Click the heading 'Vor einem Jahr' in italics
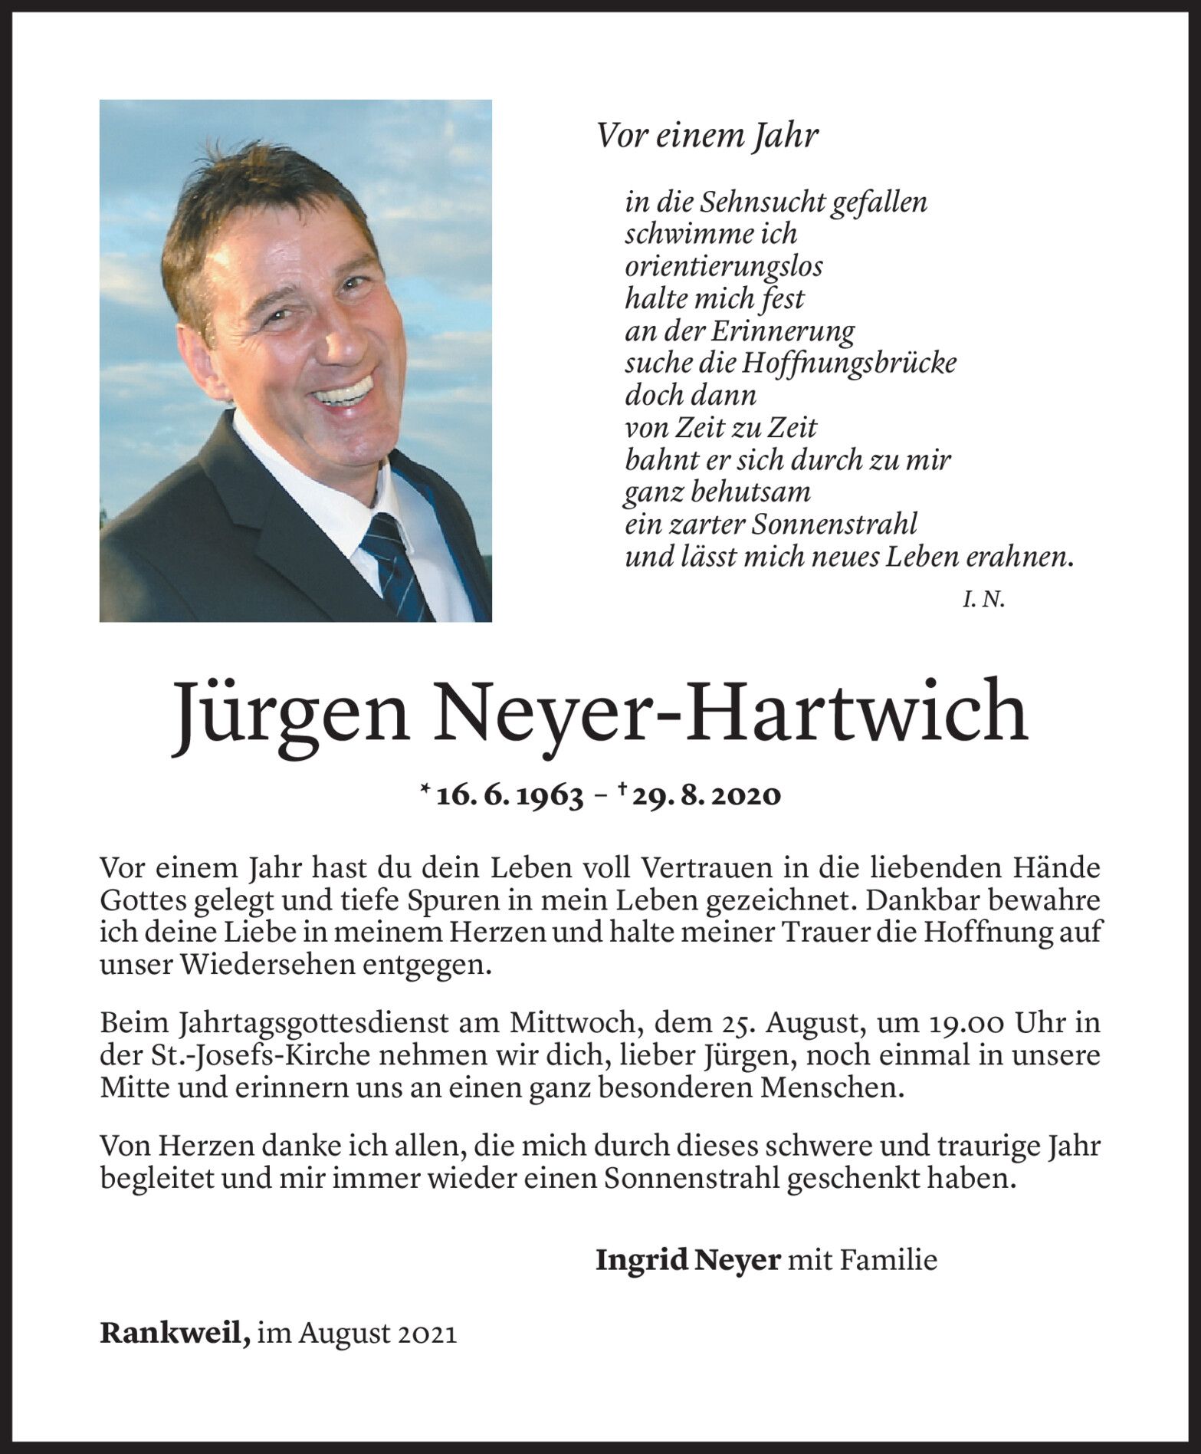pos(707,137)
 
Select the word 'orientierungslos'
pos(724,267)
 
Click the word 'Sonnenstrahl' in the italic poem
pos(835,525)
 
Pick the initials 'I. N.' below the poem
pos(983,600)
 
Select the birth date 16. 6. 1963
pos(509,795)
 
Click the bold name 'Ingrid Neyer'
pos(687,1259)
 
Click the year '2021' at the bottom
pos(428,1334)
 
